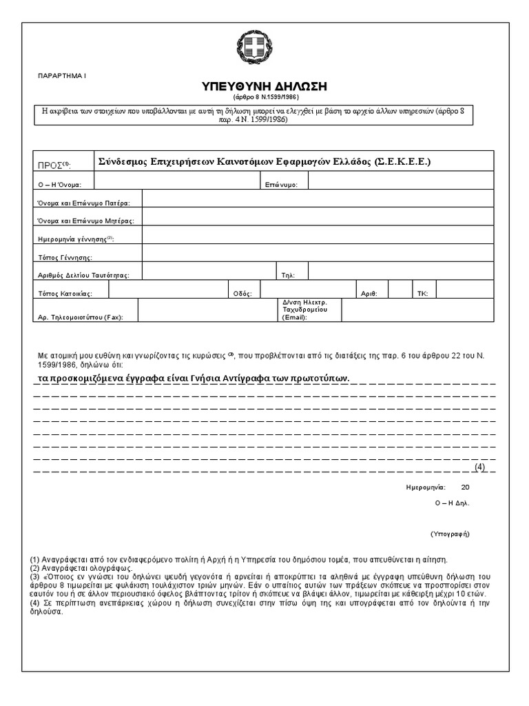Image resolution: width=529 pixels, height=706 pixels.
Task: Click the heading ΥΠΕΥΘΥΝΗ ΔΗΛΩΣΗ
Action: [x=264, y=86]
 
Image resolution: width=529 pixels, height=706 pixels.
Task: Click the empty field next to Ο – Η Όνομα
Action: [x=177, y=181]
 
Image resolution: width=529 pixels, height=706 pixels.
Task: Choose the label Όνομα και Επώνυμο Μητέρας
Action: [x=85, y=221]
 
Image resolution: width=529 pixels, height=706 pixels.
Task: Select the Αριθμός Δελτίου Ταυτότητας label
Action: [x=83, y=275]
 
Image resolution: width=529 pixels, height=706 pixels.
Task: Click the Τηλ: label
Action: [x=288, y=275]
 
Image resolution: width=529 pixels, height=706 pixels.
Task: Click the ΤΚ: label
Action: [x=422, y=293]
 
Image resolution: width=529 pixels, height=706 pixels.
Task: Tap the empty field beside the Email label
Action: [x=417, y=310]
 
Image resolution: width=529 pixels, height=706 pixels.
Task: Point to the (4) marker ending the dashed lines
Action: [x=480, y=467]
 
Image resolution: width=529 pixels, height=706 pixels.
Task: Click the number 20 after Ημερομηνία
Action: [x=465, y=487]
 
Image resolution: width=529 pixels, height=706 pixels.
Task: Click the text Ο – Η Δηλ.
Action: [x=451, y=503]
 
